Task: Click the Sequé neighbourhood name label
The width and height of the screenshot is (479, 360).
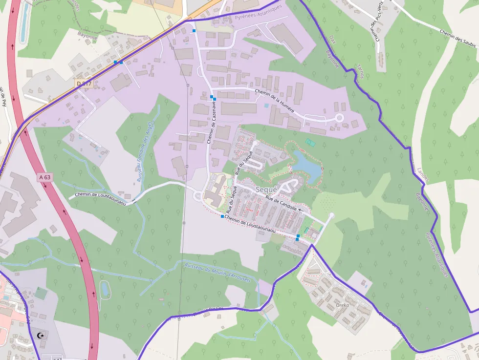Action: [266, 190]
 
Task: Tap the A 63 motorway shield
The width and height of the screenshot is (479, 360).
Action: [44, 177]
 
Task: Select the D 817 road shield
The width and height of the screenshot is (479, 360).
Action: [84, 84]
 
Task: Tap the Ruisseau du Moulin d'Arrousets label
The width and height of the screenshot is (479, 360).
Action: [218, 273]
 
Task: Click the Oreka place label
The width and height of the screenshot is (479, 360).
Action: [343, 305]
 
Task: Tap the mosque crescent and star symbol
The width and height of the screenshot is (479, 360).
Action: [40, 335]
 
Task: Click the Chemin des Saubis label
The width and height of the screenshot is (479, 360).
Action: [458, 36]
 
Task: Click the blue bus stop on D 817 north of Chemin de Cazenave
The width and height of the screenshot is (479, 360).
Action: [194, 31]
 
